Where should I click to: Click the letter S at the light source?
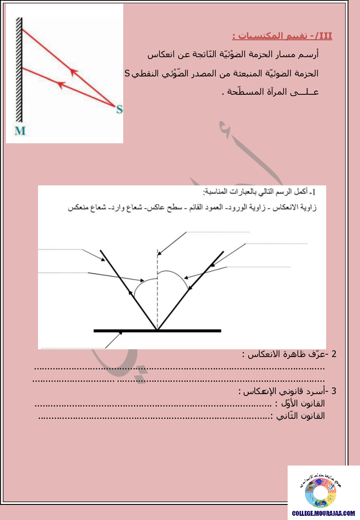coord(119,109)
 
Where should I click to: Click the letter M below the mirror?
coord(20,131)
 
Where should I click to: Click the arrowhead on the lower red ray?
coord(60,84)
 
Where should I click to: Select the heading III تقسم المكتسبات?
coord(282,36)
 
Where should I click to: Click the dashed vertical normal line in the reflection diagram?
coord(157,288)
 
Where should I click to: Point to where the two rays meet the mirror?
coord(157,329)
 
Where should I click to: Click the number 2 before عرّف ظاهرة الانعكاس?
coord(334,354)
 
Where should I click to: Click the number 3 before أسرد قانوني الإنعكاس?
coord(334,391)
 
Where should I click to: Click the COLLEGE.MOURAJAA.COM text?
coord(324,514)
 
